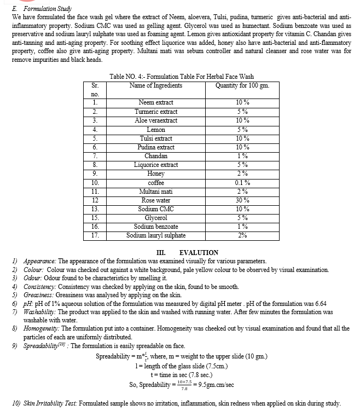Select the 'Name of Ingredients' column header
(156, 85)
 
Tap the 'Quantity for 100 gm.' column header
(242, 85)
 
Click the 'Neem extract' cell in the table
(156, 102)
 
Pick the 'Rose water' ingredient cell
(156, 200)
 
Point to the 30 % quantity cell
(242, 200)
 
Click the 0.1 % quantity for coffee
(242, 183)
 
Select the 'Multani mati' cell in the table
(156, 192)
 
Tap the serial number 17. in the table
(95, 235)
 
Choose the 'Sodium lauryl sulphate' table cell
(156, 235)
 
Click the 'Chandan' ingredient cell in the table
(156, 156)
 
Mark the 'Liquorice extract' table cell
(156, 165)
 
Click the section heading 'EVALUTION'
(199, 252)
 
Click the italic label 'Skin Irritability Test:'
(51, 403)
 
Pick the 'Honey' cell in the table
(156, 173)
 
